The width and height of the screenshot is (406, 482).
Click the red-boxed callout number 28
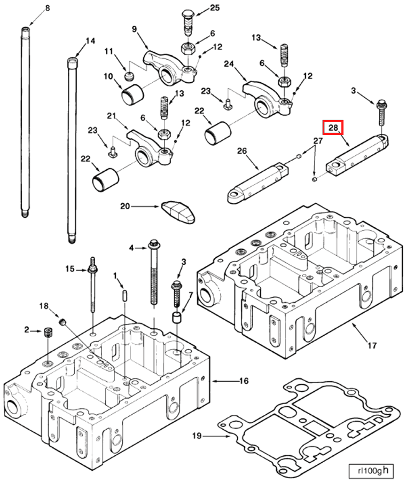click(x=332, y=128)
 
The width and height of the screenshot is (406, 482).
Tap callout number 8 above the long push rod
click(x=47, y=8)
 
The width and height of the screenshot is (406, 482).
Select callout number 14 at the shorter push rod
click(x=90, y=41)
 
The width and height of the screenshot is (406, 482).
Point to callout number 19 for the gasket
click(x=197, y=436)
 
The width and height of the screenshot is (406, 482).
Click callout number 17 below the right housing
click(x=372, y=345)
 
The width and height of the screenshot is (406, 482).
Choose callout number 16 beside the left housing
click(x=244, y=381)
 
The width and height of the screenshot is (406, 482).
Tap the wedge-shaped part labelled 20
click(x=178, y=210)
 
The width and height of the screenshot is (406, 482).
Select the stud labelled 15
click(x=93, y=288)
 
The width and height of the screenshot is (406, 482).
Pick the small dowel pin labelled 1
click(x=124, y=295)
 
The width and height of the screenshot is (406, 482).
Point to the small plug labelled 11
click(x=128, y=76)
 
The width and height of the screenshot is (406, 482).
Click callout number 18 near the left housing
click(x=44, y=305)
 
